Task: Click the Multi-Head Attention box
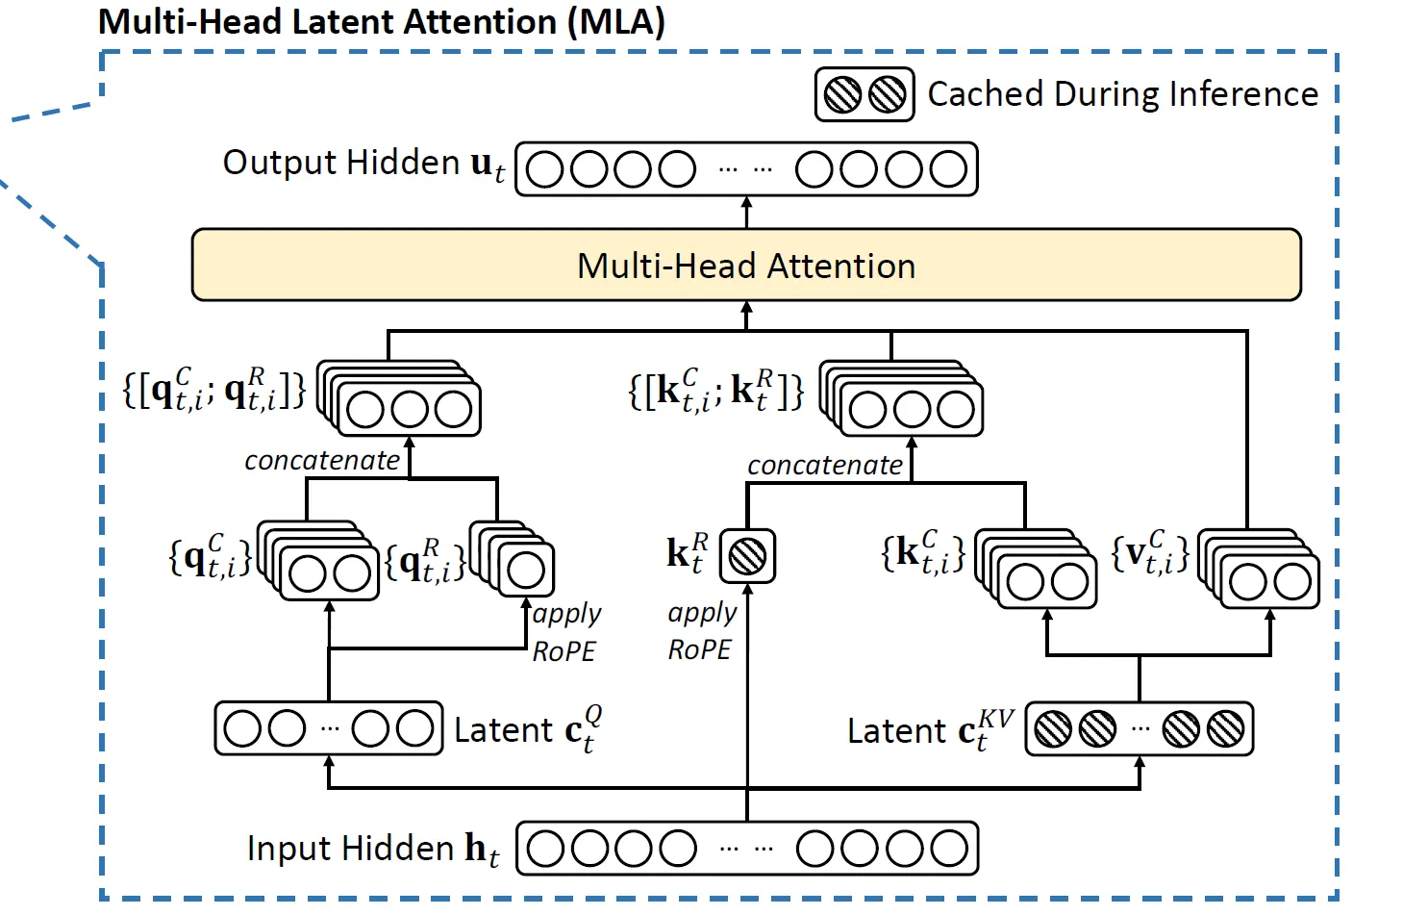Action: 746,265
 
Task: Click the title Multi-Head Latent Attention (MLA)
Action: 382,21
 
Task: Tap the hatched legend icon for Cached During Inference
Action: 864,94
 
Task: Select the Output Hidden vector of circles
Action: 746,169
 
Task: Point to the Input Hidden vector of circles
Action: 747,849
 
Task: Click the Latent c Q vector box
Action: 329,728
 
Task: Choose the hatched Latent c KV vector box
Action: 1139,729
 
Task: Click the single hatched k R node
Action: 747,555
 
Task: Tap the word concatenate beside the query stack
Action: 321,461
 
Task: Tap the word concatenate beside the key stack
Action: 824,466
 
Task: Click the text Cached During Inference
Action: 1122,94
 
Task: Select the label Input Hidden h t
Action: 373,849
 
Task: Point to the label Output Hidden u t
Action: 363,164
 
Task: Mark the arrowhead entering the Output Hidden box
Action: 747,203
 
